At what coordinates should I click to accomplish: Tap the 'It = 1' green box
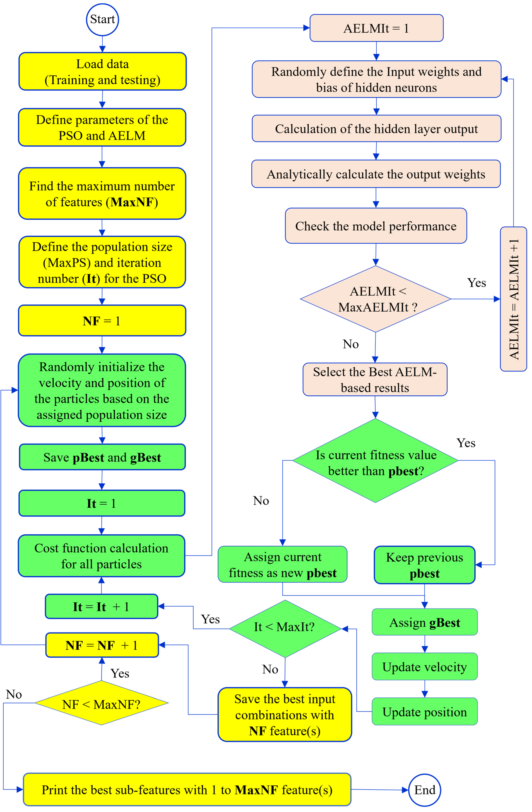coord(102,503)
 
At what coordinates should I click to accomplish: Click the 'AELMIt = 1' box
coord(376,28)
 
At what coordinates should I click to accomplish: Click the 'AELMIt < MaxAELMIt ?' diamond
coord(376,299)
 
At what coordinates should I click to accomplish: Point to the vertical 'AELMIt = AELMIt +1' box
coord(513,299)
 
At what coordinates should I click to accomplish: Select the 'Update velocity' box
coord(424,667)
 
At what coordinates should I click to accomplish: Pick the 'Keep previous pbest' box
coord(424,565)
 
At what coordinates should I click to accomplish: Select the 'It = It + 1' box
coord(101,607)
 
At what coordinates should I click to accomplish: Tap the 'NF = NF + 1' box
coord(102,645)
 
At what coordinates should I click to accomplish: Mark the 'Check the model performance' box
coord(376,226)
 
